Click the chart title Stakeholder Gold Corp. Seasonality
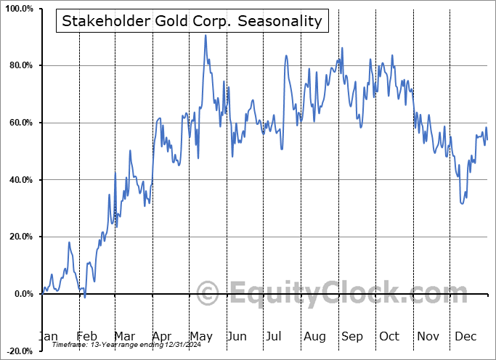point(192,20)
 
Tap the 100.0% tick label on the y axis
point(17,9)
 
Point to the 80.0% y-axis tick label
point(19,66)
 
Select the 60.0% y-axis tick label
point(19,123)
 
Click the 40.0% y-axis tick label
point(19,180)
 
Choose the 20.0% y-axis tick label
point(19,237)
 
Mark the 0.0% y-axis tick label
point(21,294)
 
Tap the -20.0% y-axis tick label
point(17,351)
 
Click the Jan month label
point(48,336)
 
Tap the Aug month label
point(314,336)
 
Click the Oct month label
point(389,336)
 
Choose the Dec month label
point(465,336)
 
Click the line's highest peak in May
point(206,35)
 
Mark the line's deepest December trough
point(463,203)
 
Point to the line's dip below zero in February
point(84,297)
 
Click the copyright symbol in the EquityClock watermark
point(208,294)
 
